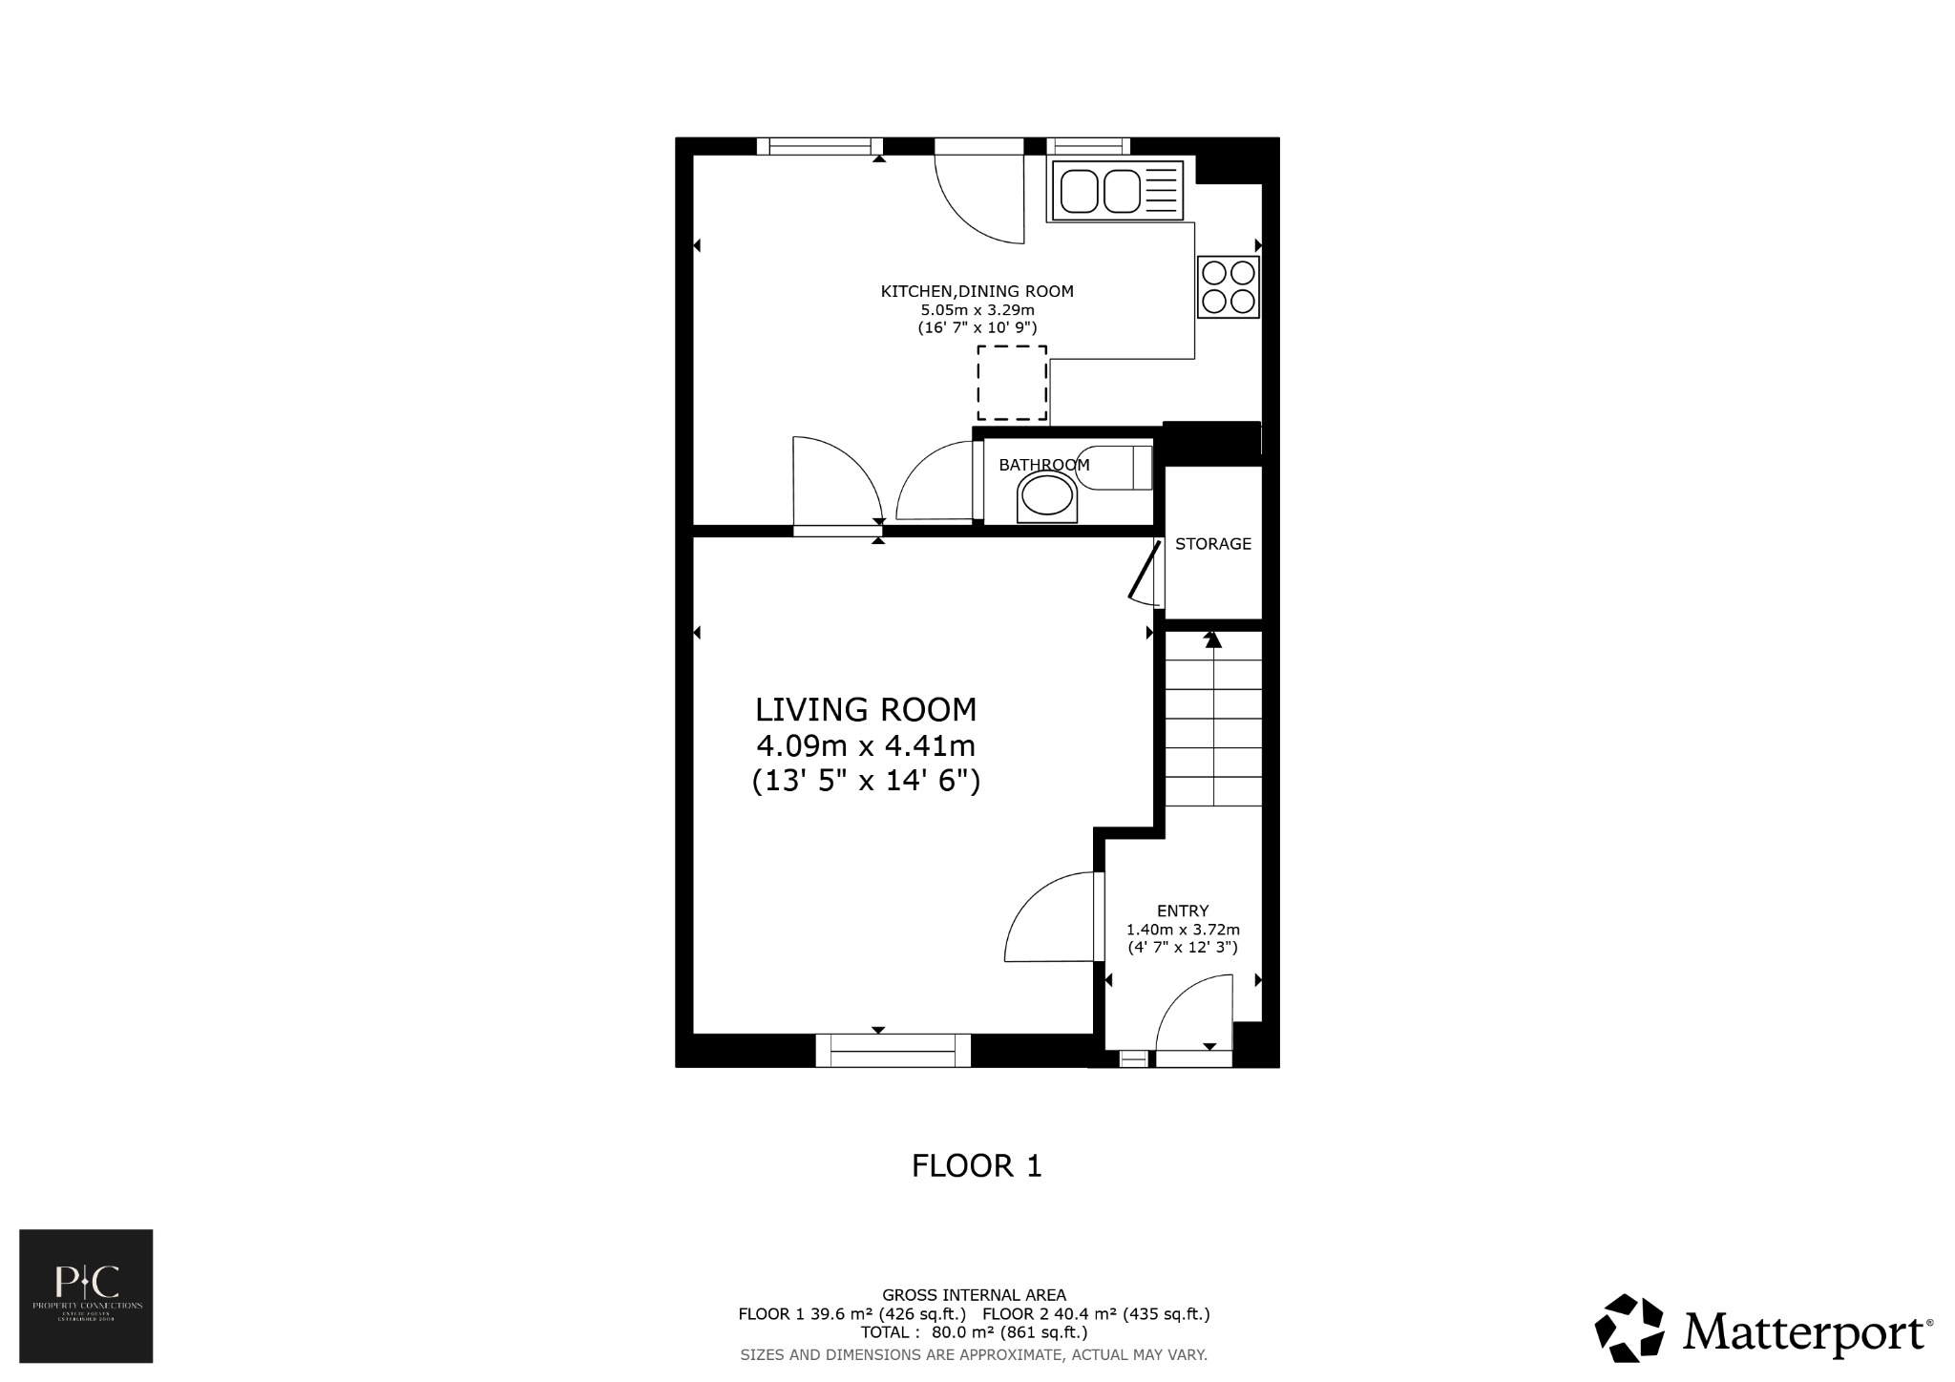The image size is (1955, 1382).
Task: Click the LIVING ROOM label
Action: [866, 710]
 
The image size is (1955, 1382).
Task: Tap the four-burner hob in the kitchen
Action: [1229, 287]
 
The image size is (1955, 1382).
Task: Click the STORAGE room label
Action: [1212, 544]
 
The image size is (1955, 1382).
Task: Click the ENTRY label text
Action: [1183, 911]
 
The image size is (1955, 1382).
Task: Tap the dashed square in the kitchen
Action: [1012, 384]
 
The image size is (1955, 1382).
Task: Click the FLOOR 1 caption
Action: [977, 1166]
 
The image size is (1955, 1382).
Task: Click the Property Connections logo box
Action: [86, 1295]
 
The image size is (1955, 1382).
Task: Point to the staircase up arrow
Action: [1213, 639]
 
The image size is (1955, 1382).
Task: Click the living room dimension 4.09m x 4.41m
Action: [866, 745]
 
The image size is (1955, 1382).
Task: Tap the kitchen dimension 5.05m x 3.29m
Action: [977, 310]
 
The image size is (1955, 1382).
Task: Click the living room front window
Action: [893, 1051]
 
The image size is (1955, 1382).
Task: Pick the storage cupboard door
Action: [1146, 573]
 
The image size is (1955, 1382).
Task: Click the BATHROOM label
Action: [1043, 466]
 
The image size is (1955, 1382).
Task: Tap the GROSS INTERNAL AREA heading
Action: [974, 1295]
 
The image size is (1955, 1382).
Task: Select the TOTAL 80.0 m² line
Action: [974, 1332]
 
